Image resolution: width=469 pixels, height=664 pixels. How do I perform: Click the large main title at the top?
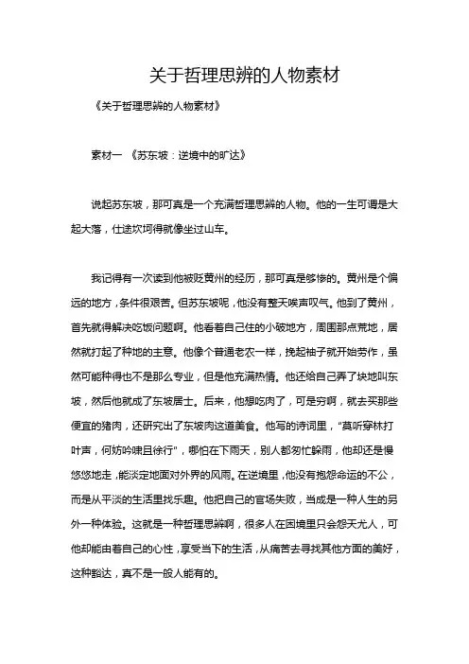[x=234, y=73]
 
